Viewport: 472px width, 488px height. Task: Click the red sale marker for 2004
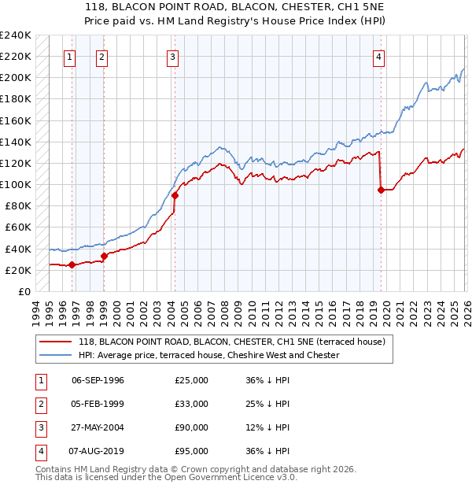pyautogui.click(x=175, y=196)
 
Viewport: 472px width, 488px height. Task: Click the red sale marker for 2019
pyautogui.click(x=381, y=190)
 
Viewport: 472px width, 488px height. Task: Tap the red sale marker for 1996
pyautogui.click(x=72, y=264)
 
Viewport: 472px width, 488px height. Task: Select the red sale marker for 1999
pyautogui.click(x=104, y=256)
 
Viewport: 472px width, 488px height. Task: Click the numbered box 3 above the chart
pyautogui.click(x=171, y=56)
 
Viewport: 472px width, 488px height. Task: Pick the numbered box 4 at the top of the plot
pyautogui.click(x=378, y=56)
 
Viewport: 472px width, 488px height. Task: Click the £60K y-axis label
pyautogui.click(x=18, y=227)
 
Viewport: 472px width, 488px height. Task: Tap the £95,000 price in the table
pyautogui.click(x=191, y=451)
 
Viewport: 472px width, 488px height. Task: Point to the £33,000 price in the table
pyautogui.click(x=191, y=404)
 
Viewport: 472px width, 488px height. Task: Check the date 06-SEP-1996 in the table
pyautogui.click(x=98, y=380)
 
